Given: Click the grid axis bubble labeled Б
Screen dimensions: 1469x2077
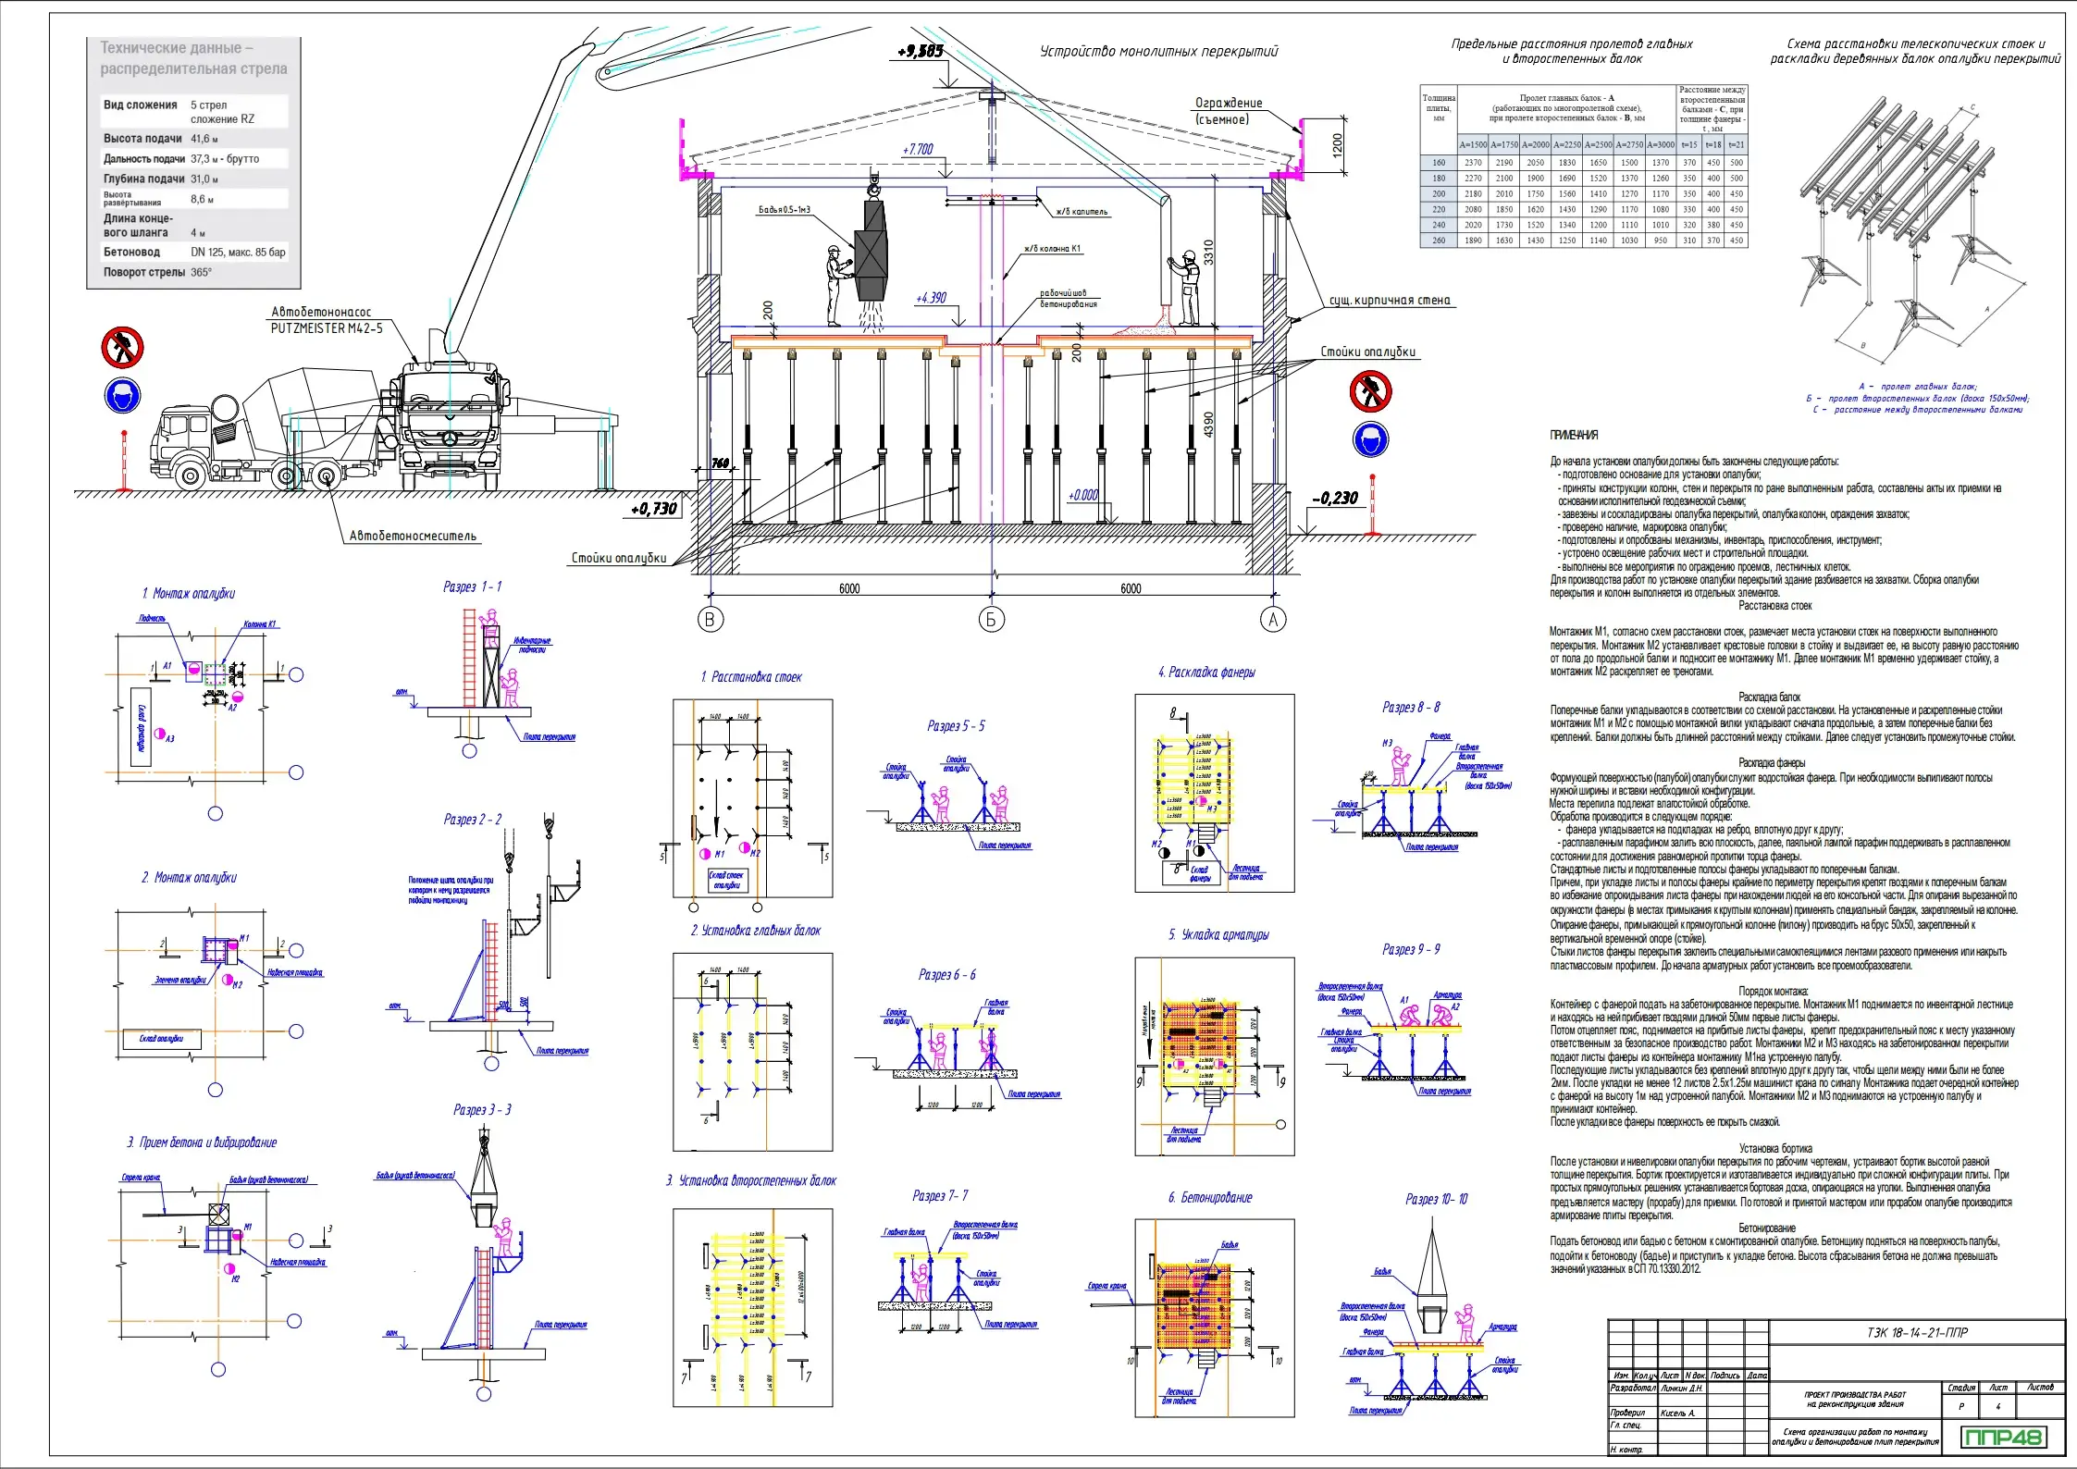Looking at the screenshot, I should (991, 620).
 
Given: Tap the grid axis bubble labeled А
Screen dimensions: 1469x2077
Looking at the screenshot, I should (1273, 620).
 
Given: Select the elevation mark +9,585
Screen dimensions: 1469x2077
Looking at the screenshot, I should (921, 52).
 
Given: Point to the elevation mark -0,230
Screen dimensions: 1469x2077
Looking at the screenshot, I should (1335, 499).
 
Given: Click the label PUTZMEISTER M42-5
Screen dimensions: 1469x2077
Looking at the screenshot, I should (326, 328).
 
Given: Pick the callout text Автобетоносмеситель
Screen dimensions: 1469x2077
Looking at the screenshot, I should (413, 536).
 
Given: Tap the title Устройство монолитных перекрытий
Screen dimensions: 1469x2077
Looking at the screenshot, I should (1158, 52).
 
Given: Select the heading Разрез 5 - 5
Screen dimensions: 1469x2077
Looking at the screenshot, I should (956, 726).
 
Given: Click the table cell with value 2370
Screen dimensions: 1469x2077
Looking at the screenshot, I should (1473, 163).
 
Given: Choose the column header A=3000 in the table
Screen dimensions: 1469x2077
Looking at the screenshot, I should (1661, 145).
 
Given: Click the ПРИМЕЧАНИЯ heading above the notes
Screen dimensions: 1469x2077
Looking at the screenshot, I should (1574, 435).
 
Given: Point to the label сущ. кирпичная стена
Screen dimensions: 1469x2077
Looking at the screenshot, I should (1390, 301).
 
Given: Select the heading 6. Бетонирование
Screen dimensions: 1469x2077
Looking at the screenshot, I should (1209, 1198).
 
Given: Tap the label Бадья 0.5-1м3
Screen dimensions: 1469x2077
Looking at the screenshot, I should (784, 210).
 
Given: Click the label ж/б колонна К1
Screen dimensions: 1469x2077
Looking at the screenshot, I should (1052, 249).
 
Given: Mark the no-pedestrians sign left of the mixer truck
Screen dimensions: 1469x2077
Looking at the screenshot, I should (122, 348).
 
